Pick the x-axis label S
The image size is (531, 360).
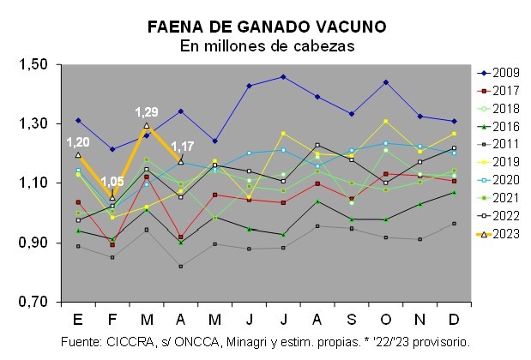tap(351, 319)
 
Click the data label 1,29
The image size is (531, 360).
tap(147, 112)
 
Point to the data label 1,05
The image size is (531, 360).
tap(112, 182)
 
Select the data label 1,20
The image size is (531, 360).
tap(78, 142)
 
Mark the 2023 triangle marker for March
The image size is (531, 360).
tap(147, 126)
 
